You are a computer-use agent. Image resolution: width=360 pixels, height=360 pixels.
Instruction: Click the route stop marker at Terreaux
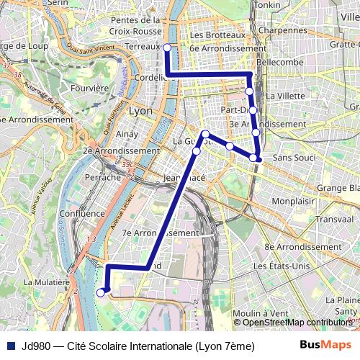pos(167,48)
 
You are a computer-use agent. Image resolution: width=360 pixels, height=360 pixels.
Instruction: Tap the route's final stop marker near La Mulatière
pos(101,292)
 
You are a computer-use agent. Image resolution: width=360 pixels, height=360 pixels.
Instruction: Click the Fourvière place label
pos(90,88)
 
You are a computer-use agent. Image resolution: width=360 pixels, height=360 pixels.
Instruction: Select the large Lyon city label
pos(140,112)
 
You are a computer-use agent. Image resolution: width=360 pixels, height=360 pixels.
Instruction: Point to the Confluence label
pos(83,214)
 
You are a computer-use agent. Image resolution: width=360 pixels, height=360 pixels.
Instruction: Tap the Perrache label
pos(102,176)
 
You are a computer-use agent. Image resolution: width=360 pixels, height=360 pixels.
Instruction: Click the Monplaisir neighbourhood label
pos(294,201)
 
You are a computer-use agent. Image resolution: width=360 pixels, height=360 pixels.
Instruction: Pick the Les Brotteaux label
pos(217,35)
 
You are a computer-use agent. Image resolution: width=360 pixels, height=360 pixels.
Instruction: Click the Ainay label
pos(125,134)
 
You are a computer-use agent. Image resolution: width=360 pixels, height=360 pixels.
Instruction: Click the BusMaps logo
pos(321,345)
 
